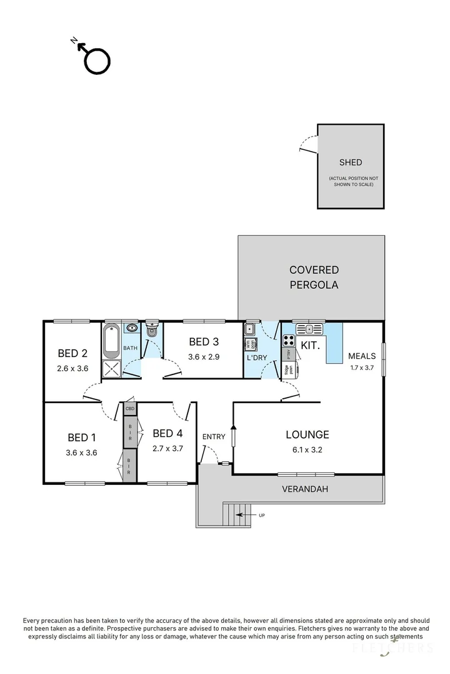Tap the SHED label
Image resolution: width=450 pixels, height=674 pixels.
click(x=350, y=162)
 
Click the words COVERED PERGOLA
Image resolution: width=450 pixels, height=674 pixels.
click(x=314, y=278)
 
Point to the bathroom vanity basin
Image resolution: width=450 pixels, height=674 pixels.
click(x=132, y=328)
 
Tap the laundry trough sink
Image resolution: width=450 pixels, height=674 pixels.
click(x=250, y=329)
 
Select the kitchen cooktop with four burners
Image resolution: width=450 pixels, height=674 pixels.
click(x=290, y=341)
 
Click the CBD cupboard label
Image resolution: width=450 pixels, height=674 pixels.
click(x=130, y=409)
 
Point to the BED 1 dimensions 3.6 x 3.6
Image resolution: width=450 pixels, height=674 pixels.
click(x=81, y=453)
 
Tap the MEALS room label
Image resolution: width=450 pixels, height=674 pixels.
click(x=362, y=356)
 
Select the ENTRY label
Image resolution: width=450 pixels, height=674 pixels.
click(x=214, y=437)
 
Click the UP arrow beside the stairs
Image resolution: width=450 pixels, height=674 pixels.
click(x=257, y=515)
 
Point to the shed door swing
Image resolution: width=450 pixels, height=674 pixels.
click(x=307, y=145)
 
